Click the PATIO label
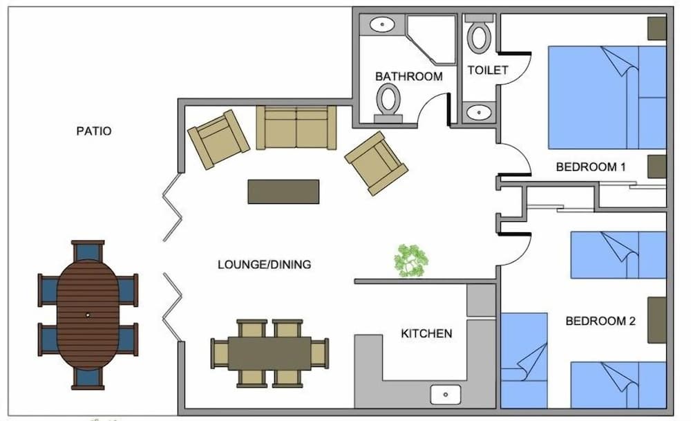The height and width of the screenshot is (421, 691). tap(94, 131)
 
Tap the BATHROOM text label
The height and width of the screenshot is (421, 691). tap(408, 76)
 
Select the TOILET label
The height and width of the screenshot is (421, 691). tap(488, 70)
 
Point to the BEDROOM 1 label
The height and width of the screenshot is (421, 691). tap(590, 167)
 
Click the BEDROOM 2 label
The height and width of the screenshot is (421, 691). tap(600, 321)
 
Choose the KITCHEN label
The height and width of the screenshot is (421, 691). tap(426, 334)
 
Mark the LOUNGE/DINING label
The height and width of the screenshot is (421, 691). tap(264, 264)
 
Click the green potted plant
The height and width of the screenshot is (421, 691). tap(411, 261)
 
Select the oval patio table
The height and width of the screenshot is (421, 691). tap(88, 314)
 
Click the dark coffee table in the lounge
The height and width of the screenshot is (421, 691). tap(283, 191)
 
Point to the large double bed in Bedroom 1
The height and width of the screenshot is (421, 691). tap(606, 97)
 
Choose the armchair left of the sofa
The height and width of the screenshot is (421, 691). tap(218, 139)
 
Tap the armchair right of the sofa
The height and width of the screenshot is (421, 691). tap(376, 162)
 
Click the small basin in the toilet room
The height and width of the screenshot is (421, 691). tap(478, 113)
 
